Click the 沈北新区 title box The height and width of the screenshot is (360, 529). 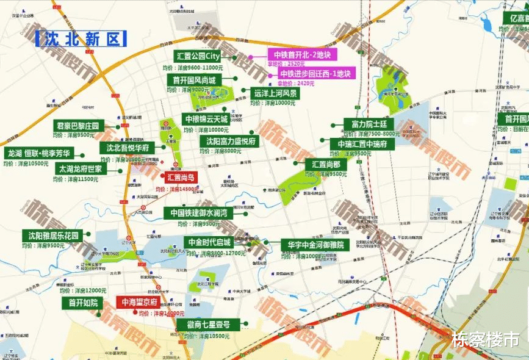click(x=81, y=39)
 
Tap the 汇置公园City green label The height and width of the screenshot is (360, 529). click(x=198, y=57)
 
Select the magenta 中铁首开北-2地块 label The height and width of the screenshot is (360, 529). click(x=301, y=54)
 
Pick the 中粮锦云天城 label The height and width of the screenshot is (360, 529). click(x=206, y=119)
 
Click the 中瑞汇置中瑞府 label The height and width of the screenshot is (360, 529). click(x=362, y=144)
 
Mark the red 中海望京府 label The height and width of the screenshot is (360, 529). click(x=139, y=302)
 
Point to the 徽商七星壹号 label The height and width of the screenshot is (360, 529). click(x=209, y=325)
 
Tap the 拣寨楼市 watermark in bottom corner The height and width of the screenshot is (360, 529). click(x=486, y=338)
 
